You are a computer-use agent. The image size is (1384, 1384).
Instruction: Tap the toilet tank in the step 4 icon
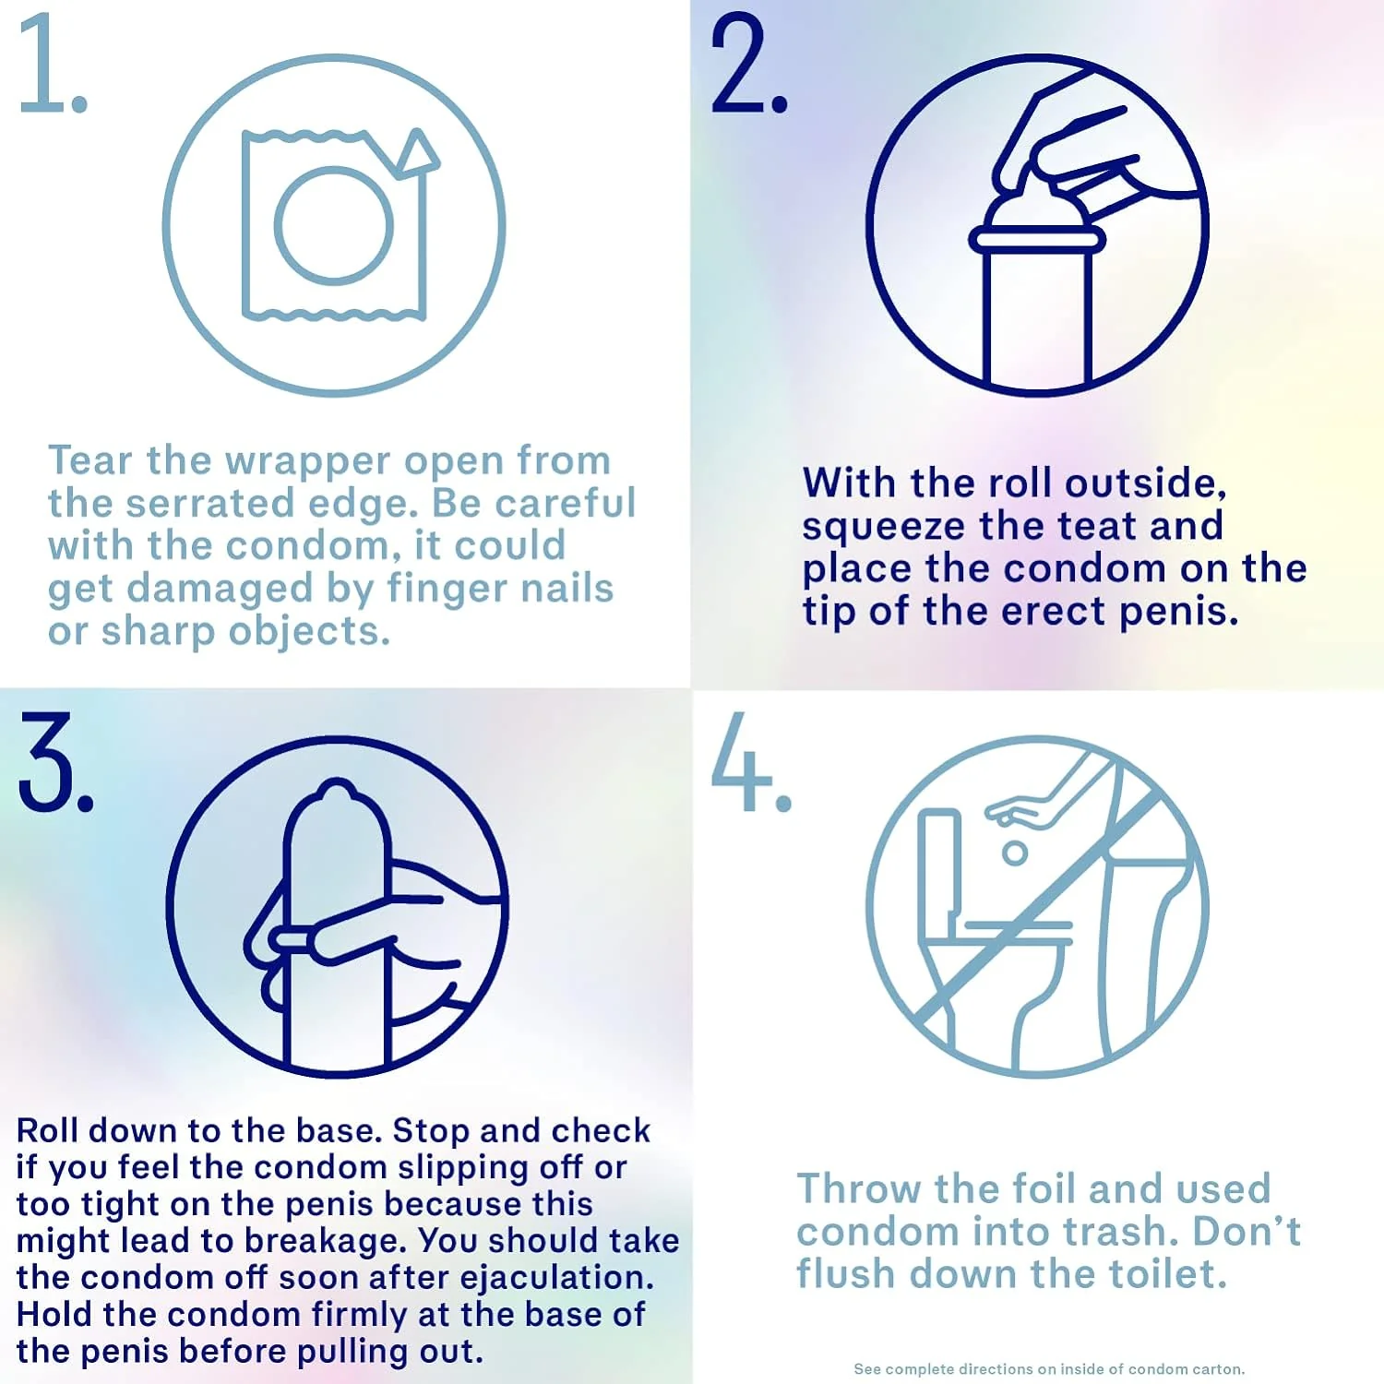pyautogui.click(x=939, y=873)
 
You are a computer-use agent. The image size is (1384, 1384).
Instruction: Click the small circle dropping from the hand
pyautogui.click(x=1015, y=853)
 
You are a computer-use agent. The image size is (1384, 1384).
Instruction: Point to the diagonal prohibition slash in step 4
pyautogui.click(x=1038, y=906)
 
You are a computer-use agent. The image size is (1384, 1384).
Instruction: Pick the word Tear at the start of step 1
pyautogui.click(x=89, y=460)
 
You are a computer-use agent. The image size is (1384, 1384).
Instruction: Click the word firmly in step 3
pyautogui.click(x=360, y=1316)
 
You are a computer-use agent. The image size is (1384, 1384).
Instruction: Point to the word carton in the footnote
pyautogui.click(x=1217, y=1369)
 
